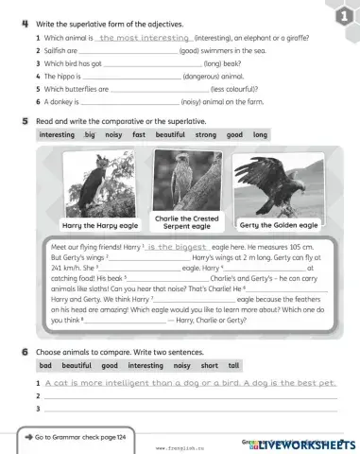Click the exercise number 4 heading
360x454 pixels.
coord(24,23)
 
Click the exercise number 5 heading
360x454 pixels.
coord(24,122)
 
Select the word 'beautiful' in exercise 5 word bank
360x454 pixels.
coord(170,135)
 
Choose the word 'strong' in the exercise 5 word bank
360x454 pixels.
coord(205,135)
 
